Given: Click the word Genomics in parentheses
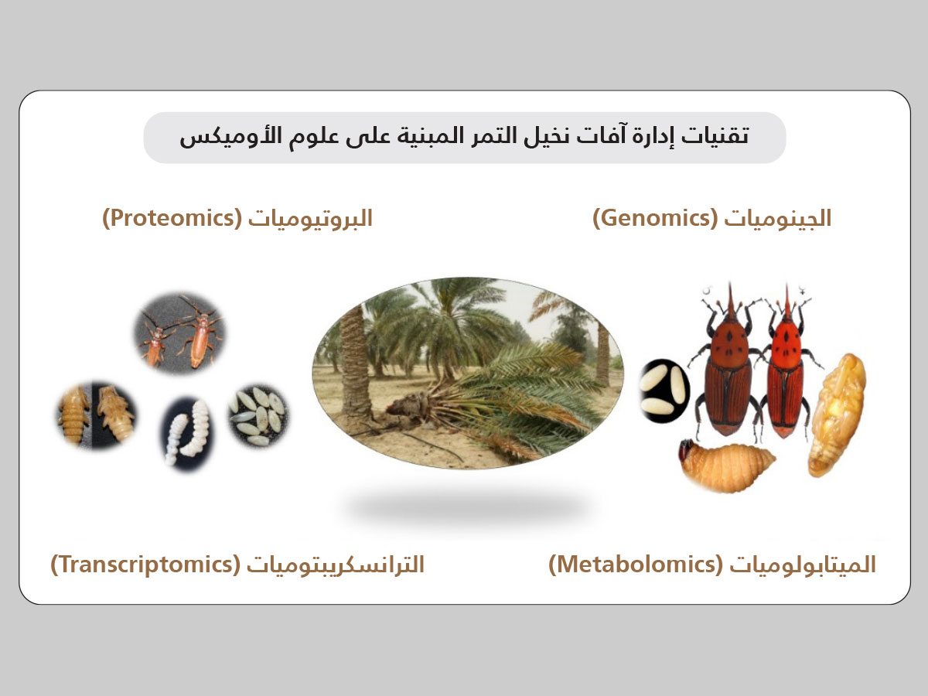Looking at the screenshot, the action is coord(655,219).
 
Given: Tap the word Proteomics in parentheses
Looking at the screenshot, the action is coord(172,219).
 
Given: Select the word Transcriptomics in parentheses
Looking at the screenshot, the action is coord(145,565).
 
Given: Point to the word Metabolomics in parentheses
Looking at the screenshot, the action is coord(636,565).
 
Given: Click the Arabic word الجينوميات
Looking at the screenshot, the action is coord(778,219).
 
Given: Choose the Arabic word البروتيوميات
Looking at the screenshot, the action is coord(310,219).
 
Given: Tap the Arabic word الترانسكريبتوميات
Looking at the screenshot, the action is coord(336,565).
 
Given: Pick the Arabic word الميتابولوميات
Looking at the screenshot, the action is coord(803,565).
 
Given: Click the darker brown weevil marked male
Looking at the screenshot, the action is coord(726,363).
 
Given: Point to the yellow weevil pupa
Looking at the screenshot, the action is coord(836,415).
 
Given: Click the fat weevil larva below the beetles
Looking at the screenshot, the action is coord(725,465).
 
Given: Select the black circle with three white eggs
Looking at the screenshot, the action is coord(664,391).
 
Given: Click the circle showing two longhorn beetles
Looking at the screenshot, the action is coord(179,333).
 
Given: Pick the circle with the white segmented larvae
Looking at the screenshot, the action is coord(187,433).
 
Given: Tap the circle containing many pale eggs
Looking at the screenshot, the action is coord(259,416).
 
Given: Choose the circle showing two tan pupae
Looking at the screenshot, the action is coord(97,415).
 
